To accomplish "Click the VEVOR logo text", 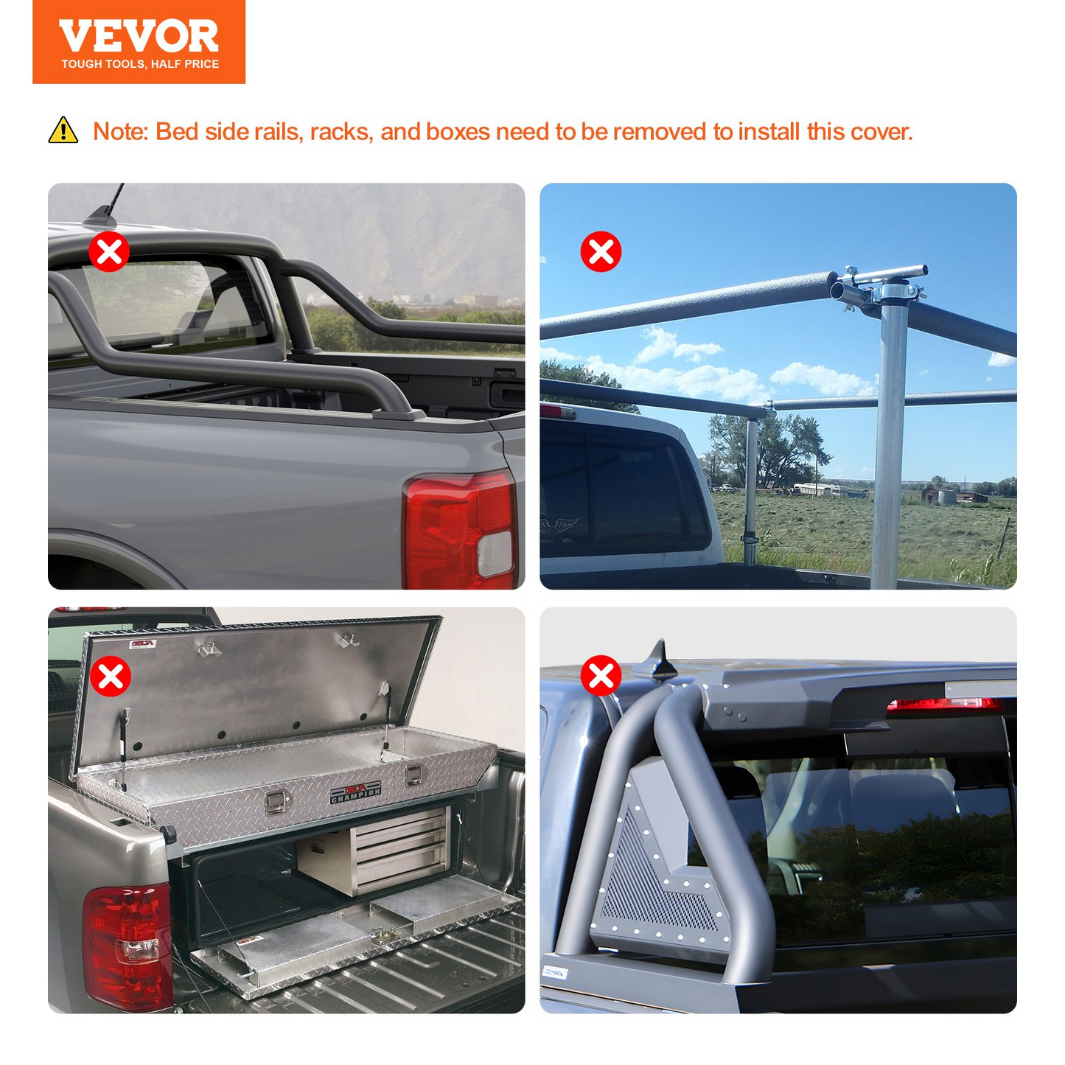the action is [x=139, y=36].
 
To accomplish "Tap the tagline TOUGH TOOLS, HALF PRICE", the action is [x=140, y=64].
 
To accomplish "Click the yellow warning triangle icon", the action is [x=63, y=130].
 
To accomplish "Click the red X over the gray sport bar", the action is [x=109, y=251].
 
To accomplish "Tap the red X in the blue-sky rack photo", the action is [x=601, y=251].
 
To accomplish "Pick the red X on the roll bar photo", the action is [x=601, y=675].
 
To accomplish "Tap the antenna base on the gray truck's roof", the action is [x=100, y=217].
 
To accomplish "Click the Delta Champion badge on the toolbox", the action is [x=355, y=792].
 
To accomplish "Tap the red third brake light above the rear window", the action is [x=944, y=705].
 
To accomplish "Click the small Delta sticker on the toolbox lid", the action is [x=142, y=643].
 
